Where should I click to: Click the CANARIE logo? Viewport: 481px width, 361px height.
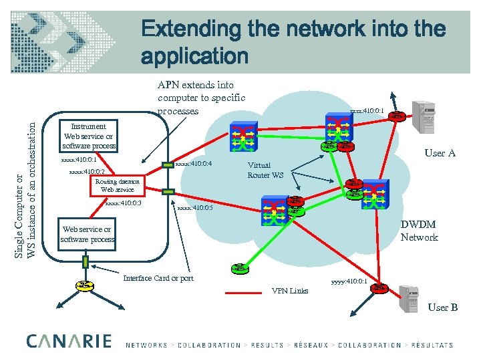pyautogui.click(x=69, y=342)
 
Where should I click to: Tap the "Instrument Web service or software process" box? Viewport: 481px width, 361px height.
pyautogui.click(x=88, y=136)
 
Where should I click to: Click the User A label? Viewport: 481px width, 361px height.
pyautogui.click(x=440, y=153)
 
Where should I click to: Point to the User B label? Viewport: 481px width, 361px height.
pyautogui.click(x=442, y=307)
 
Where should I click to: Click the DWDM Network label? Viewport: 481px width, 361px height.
pyautogui.click(x=419, y=231)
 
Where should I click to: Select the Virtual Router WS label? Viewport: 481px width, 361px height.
pyautogui.click(x=265, y=170)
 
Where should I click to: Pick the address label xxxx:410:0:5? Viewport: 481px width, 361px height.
pyautogui.click(x=195, y=208)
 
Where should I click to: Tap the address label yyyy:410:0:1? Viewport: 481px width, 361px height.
pyautogui.click(x=349, y=281)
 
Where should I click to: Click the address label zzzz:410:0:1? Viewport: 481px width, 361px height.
pyautogui.click(x=367, y=111)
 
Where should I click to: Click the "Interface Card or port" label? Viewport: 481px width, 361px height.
pyautogui.click(x=158, y=278)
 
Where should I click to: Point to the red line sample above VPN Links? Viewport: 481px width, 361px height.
pyautogui.click(x=247, y=292)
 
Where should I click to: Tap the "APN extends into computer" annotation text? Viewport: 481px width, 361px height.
pyautogui.click(x=201, y=98)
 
